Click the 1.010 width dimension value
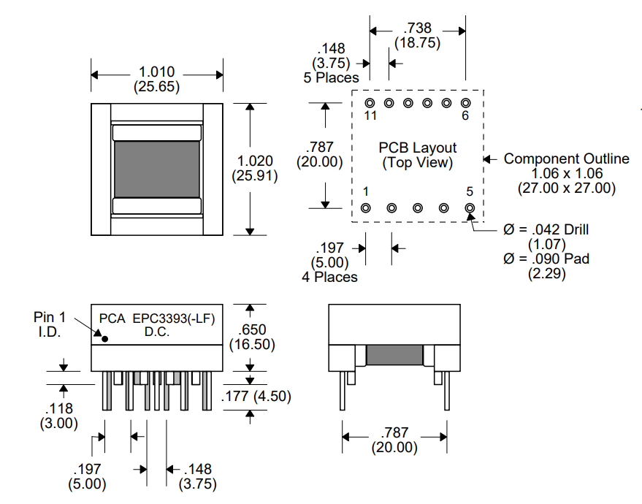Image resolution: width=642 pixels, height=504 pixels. (x=156, y=72)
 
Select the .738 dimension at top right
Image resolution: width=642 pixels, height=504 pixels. (x=417, y=28)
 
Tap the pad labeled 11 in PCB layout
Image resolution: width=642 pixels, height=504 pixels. (x=370, y=103)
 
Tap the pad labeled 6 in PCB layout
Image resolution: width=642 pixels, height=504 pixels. (x=465, y=103)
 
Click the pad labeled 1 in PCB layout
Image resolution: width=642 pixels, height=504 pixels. (x=366, y=208)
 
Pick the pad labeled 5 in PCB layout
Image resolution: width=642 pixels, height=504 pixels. (x=470, y=208)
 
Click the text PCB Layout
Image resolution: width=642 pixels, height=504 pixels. (x=417, y=148)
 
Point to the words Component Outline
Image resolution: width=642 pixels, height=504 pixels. (x=566, y=159)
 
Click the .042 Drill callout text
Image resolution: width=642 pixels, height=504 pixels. (x=546, y=229)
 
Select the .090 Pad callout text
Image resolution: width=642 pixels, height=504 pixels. (x=546, y=258)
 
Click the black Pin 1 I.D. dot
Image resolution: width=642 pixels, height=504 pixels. (x=105, y=338)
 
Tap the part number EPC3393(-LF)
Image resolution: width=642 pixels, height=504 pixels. (x=174, y=318)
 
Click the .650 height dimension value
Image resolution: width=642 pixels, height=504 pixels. (x=253, y=329)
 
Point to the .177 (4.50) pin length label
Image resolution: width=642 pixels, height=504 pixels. (x=256, y=397)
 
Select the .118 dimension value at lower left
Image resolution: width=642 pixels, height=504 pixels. (x=59, y=409)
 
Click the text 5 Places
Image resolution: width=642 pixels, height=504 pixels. (x=331, y=77)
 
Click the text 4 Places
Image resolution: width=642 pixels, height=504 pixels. (x=329, y=277)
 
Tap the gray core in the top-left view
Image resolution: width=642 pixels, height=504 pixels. (x=156, y=169)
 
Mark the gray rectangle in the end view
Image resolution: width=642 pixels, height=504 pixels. (x=394, y=356)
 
